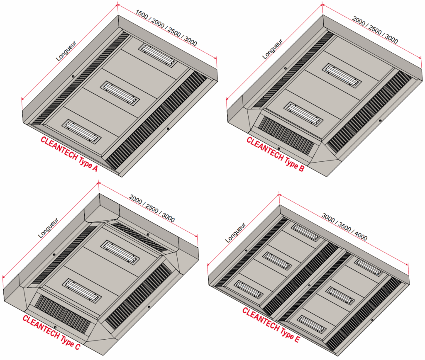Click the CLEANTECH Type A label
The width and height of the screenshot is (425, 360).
tap(69, 154)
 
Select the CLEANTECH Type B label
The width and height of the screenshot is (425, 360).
tap(276, 154)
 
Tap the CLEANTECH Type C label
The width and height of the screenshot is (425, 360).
tap(51, 332)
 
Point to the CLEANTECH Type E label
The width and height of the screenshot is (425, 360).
tap(271, 325)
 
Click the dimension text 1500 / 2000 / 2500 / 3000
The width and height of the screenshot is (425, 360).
tap(166, 28)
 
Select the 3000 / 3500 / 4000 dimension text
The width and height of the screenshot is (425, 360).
tap(344, 227)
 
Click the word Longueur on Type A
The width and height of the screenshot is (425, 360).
tap(66, 50)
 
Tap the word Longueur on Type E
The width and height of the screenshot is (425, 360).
tap(236, 232)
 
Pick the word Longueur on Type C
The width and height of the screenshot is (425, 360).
tap(48, 228)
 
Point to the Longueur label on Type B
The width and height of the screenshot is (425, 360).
tap(273, 49)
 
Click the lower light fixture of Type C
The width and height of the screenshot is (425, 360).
tap(82, 291)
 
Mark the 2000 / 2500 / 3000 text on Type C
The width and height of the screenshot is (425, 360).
tap(152, 208)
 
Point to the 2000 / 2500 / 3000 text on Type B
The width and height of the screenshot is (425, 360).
tap(375, 30)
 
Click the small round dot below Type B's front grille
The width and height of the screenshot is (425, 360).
tap(278, 148)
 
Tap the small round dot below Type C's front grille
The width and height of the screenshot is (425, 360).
tap(55, 327)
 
